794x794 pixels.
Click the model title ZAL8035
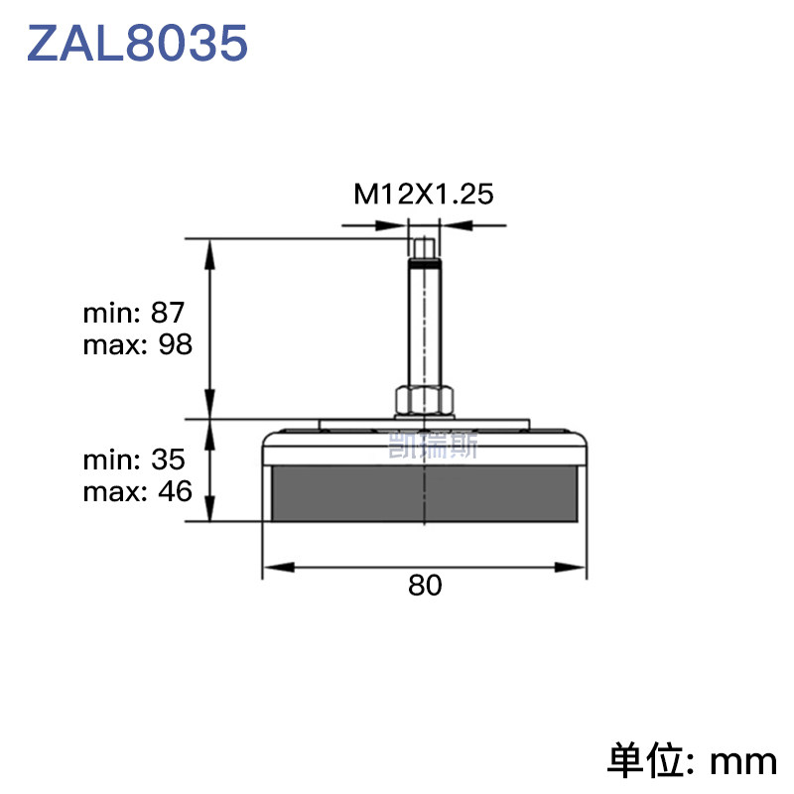137,43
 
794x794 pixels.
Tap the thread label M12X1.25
424,194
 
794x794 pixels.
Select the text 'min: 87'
134,313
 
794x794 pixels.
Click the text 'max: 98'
138,344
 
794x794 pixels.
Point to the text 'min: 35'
134,460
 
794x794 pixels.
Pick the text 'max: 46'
138,491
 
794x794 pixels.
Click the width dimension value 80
425,586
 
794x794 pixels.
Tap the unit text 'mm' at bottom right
743,761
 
